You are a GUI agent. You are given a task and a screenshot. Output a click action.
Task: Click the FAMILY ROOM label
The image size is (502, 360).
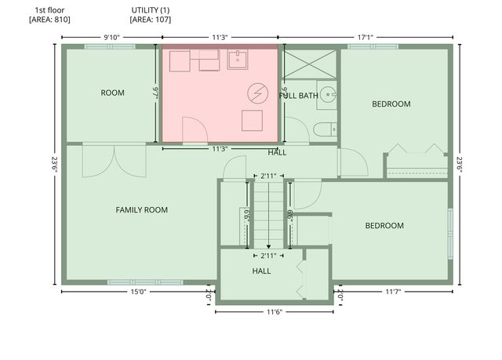click(x=141, y=210)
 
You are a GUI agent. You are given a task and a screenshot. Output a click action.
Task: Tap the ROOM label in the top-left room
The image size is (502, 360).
click(x=112, y=93)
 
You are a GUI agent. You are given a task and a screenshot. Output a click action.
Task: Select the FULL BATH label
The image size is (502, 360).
click(x=298, y=96)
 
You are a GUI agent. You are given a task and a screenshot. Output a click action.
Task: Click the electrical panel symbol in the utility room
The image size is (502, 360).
click(x=257, y=93)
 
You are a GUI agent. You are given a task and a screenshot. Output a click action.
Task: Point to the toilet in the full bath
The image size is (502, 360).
click(x=325, y=129)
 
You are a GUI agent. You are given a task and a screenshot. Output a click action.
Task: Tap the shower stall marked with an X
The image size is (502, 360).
click(x=311, y=64)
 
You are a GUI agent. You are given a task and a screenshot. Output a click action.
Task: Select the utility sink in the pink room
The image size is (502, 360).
click(x=237, y=59)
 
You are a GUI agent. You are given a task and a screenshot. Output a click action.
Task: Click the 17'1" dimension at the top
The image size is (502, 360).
click(x=366, y=38)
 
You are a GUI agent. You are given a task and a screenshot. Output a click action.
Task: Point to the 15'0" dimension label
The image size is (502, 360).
click(x=138, y=292)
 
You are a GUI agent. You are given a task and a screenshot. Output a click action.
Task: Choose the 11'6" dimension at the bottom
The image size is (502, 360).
click(x=275, y=312)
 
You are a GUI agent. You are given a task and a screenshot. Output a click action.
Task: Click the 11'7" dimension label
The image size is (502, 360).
click(x=393, y=292)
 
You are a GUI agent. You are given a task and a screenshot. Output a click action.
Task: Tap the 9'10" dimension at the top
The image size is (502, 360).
click(x=111, y=38)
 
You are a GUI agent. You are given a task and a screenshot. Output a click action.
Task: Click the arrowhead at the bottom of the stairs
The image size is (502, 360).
click(x=268, y=247)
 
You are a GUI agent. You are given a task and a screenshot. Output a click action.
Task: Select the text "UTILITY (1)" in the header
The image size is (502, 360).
click(x=151, y=10)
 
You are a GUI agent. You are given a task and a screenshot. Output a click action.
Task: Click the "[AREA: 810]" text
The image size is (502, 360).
click(x=49, y=20)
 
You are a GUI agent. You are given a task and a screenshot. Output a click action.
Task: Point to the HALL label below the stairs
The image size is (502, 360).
click(x=261, y=271)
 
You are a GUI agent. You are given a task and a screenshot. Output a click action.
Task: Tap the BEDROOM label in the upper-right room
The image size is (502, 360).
click(x=391, y=104)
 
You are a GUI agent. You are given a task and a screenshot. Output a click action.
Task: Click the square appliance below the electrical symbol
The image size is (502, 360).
click(x=252, y=121)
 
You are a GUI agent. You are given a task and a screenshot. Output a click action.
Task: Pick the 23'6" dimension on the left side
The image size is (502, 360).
click(x=54, y=164)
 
